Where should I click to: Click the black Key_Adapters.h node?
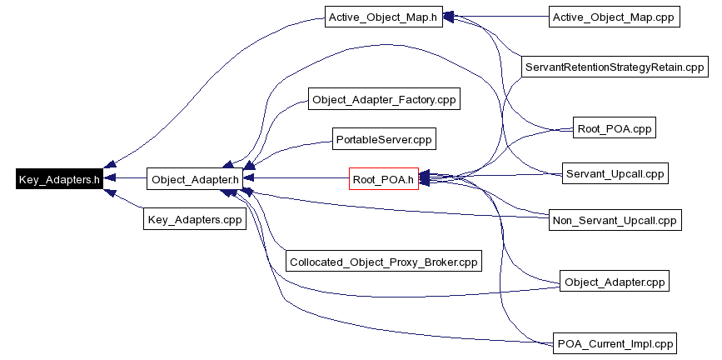(59, 178)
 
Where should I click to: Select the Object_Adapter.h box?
(195, 178)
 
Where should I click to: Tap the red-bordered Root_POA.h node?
(382, 178)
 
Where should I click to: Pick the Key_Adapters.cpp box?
(194, 220)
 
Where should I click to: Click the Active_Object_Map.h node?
(382, 17)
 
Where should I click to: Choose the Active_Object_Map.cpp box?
(615, 17)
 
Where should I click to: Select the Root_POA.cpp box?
(615, 129)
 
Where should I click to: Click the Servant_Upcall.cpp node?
(615, 173)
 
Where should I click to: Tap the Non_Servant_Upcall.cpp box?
(615, 220)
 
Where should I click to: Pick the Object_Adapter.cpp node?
(615, 282)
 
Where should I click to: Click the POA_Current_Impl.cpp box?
(615, 342)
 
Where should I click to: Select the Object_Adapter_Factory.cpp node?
(383, 99)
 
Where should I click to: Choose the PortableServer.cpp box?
(383, 137)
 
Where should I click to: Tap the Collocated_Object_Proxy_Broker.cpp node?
(383, 261)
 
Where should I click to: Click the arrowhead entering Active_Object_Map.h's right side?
(447, 16)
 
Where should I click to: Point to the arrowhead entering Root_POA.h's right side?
(423, 177)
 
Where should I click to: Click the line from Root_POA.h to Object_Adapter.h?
(296, 178)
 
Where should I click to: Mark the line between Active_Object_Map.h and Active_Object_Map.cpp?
(495, 17)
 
